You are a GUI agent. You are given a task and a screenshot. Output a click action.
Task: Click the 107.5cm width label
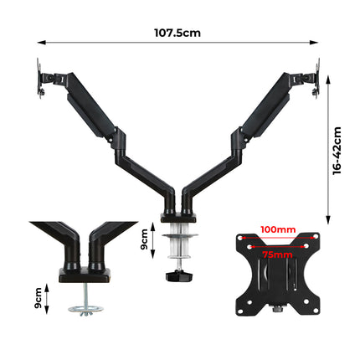[x=177, y=33]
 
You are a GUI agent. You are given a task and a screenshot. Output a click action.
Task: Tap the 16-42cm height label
[x=337, y=151]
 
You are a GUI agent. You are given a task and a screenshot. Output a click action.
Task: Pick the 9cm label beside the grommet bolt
[x=36, y=298]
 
